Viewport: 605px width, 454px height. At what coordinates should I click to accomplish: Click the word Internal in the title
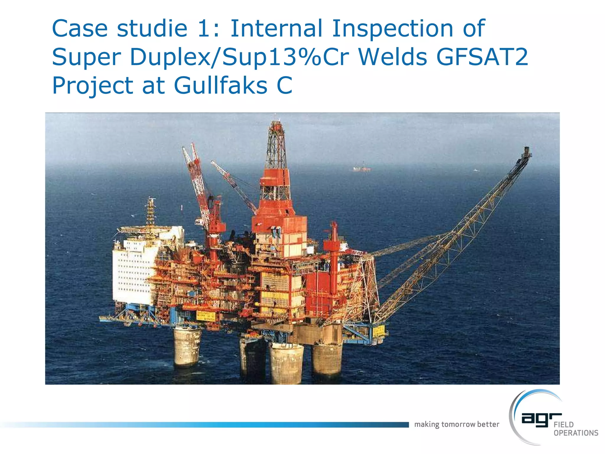click(276, 28)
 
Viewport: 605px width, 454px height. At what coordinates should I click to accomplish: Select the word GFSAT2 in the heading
click(482, 57)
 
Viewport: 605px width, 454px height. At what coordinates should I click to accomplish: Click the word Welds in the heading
click(393, 57)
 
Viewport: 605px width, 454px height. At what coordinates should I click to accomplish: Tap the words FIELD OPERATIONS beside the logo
click(575, 429)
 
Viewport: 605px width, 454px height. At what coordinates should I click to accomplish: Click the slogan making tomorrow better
click(456, 424)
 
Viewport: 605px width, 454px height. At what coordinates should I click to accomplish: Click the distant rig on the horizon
click(362, 169)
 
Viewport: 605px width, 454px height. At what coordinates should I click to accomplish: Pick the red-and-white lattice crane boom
click(195, 177)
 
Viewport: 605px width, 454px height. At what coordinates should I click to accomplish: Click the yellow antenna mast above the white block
click(151, 211)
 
